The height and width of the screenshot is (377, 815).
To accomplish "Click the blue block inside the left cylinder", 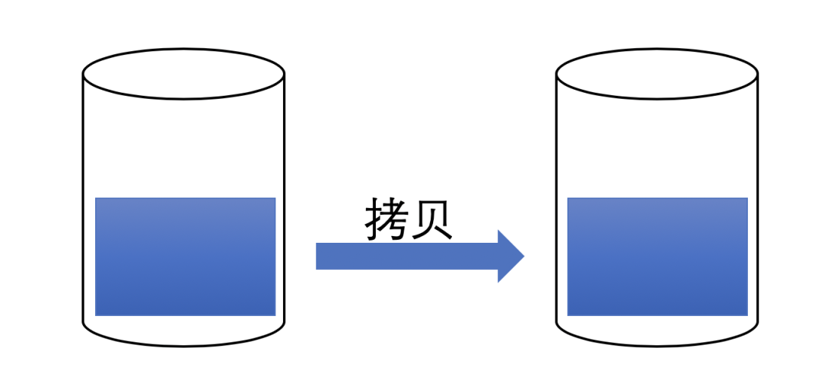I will (185, 256).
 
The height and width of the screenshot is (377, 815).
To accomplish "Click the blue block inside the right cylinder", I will (657, 256).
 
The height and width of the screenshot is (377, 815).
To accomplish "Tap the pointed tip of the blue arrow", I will (522, 256).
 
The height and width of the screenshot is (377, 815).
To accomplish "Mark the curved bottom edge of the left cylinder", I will (183, 345).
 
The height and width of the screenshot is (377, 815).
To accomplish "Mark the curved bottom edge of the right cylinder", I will (657, 345).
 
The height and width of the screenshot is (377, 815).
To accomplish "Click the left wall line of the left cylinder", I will (83, 204).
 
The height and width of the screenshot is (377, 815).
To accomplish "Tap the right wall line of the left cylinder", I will (284, 204).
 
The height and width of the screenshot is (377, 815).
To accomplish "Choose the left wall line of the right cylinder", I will (557, 204).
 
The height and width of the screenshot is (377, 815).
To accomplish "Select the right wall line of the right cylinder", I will (757, 204).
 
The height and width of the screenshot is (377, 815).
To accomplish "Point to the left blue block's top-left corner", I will (97, 199).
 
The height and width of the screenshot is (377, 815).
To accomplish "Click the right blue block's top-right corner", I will (746, 199).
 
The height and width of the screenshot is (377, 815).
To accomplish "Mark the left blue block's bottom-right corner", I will (275, 314).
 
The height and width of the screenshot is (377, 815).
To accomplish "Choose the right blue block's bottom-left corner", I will (568, 314).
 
